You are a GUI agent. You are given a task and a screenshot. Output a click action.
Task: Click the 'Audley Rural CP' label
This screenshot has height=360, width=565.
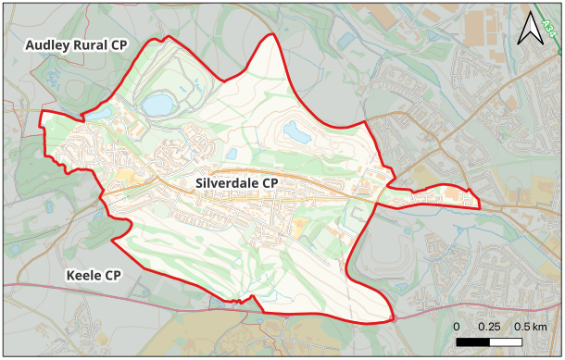(76, 45)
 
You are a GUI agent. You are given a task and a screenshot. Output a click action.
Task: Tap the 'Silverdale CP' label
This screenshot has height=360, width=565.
(237, 183)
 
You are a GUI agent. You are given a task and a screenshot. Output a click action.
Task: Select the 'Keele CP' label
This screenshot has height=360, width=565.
(94, 276)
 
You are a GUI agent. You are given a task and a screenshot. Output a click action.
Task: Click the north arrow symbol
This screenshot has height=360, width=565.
(531, 30)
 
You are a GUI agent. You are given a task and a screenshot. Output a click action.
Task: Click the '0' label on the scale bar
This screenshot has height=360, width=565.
(457, 328)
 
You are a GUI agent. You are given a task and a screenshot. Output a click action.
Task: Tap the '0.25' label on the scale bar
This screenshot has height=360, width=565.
(489, 328)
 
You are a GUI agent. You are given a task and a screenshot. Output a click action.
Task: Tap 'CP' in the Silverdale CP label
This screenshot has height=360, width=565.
(270, 183)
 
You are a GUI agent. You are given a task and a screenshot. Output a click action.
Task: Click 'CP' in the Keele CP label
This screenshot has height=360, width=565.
(113, 276)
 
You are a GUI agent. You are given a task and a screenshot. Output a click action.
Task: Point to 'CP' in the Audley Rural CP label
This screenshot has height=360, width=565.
(117, 45)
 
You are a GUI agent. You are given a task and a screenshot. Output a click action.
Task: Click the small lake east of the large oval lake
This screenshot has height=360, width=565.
(296, 132)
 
